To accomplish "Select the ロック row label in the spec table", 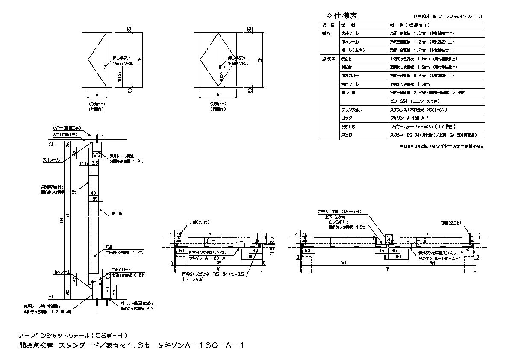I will coord(346,118).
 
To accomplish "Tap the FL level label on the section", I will coord(51,295).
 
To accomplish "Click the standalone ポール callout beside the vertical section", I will coord(116,213).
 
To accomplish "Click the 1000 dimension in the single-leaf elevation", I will coord(120,77).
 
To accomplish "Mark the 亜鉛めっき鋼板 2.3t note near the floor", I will coord(138,308).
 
